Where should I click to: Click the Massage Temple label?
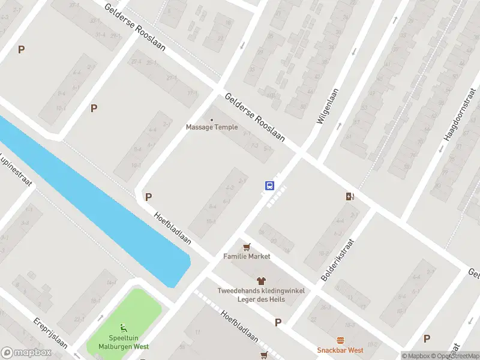[x=211, y=127]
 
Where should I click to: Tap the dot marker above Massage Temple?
[x=211, y=120]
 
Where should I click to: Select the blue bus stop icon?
[x=269, y=185]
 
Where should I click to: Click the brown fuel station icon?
[x=350, y=196]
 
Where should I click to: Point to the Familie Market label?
[x=247, y=256]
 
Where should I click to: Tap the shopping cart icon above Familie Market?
[x=246, y=247]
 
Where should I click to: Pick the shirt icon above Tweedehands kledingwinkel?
[x=261, y=280]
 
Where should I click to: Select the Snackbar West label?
[x=340, y=350]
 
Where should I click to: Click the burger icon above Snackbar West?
[x=340, y=340]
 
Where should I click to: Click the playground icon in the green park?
[x=123, y=328]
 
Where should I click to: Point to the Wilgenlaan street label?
[x=328, y=105]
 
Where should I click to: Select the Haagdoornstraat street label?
[x=460, y=117]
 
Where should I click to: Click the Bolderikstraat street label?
[x=338, y=260]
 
